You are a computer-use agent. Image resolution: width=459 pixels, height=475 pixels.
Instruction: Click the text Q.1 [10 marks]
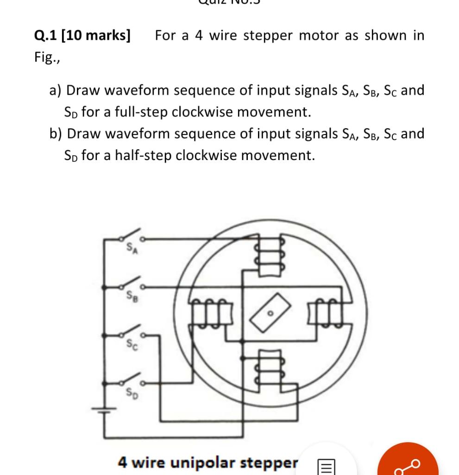[x=82, y=35]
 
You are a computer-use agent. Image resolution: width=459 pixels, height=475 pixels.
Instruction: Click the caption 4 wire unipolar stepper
[x=208, y=462]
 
